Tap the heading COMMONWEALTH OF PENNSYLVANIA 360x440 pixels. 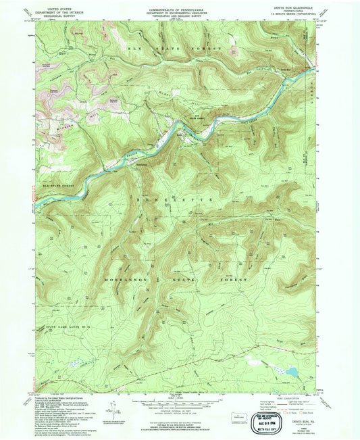pos(179,7)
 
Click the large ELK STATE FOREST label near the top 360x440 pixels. pos(182,50)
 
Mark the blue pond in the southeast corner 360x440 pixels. pos(290,372)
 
